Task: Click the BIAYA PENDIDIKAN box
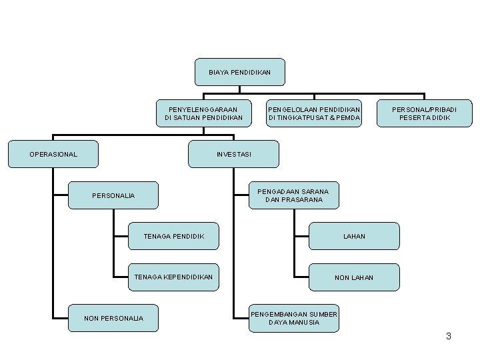240,72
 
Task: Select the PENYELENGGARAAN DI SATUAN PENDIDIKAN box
203,113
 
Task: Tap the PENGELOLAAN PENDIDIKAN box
314,113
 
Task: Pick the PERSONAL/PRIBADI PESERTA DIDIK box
424,113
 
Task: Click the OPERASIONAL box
53,154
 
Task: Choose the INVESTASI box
233,154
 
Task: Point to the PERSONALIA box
113,195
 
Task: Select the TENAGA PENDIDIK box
173,236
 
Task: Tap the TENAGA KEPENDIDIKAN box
173,277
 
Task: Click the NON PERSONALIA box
113,318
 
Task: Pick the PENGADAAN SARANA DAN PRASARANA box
294,195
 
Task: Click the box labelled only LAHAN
354,236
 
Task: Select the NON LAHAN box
354,277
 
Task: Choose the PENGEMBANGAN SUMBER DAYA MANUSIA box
294,318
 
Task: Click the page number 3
449,336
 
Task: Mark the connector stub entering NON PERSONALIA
61,319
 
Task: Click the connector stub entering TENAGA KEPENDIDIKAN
121,277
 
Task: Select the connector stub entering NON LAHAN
301,277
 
